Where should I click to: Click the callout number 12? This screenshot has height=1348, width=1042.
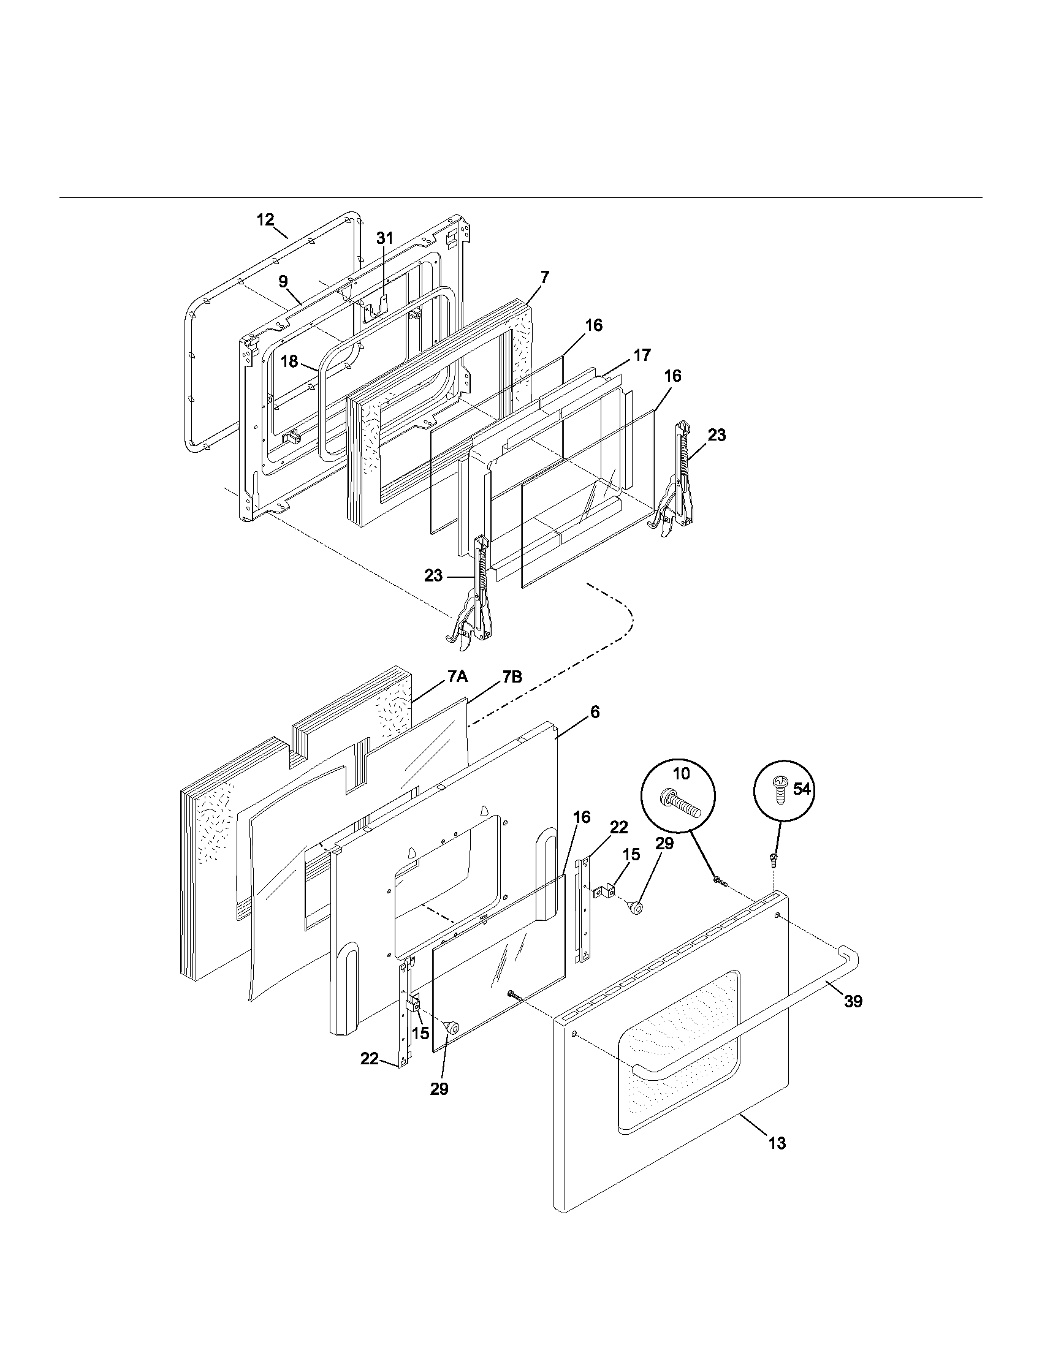(x=265, y=220)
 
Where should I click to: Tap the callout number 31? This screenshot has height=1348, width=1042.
(x=384, y=238)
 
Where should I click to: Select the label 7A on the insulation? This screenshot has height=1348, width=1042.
(x=457, y=676)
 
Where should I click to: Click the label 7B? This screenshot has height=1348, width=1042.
(x=512, y=676)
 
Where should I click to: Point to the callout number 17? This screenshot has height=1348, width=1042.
(x=642, y=355)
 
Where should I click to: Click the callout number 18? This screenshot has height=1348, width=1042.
(x=289, y=362)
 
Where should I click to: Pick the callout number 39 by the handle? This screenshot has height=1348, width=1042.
(x=853, y=1001)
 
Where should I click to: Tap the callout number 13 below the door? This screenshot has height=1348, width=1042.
(x=777, y=1143)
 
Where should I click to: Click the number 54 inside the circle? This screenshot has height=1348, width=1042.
(x=801, y=789)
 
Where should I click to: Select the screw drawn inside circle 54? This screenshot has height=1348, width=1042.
(x=780, y=791)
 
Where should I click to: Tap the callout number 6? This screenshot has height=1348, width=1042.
(x=595, y=711)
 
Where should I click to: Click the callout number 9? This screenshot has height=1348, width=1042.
(x=283, y=281)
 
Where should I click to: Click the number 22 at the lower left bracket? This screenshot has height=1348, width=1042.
(x=369, y=1059)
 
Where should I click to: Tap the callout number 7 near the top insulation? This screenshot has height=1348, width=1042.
(x=544, y=277)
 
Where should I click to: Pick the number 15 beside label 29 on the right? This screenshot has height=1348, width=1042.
(x=631, y=854)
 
